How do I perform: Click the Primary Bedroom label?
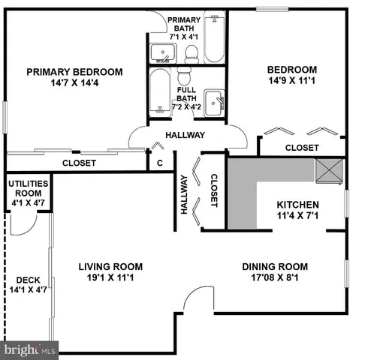pyautogui.click(x=74, y=72)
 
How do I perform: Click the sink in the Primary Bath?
pyautogui.click(x=163, y=53)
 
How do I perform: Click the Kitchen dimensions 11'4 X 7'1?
pyautogui.click(x=298, y=217)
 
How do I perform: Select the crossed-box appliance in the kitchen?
pyautogui.click(x=329, y=172)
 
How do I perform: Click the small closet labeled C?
pyautogui.click(x=160, y=162)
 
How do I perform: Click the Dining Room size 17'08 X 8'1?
pyautogui.click(x=275, y=278)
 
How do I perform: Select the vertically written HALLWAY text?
pyautogui.click(x=183, y=194)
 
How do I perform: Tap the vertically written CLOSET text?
pyautogui.click(x=214, y=190)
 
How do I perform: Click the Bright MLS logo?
pyautogui.click(x=30, y=349)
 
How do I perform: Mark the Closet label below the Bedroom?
pyautogui.click(x=302, y=148)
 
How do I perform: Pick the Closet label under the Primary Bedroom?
pyautogui.click(x=78, y=162)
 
